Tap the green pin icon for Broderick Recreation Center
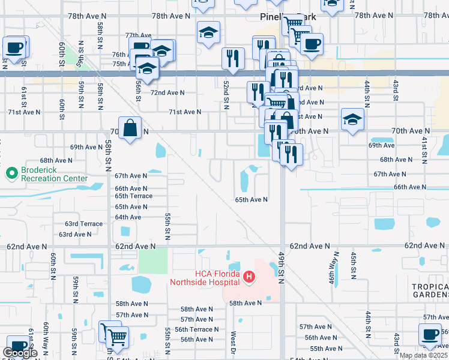pos(11,174)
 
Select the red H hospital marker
pos(249,277)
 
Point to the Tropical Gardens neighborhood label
pos(430,290)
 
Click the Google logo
pos(20,353)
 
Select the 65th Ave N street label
pos(251,200)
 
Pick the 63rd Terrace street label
pos(84,224)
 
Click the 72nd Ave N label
pos(167,93)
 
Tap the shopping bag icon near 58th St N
pos(130,128)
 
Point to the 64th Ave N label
pos(128,217)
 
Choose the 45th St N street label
pos(354,263)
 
